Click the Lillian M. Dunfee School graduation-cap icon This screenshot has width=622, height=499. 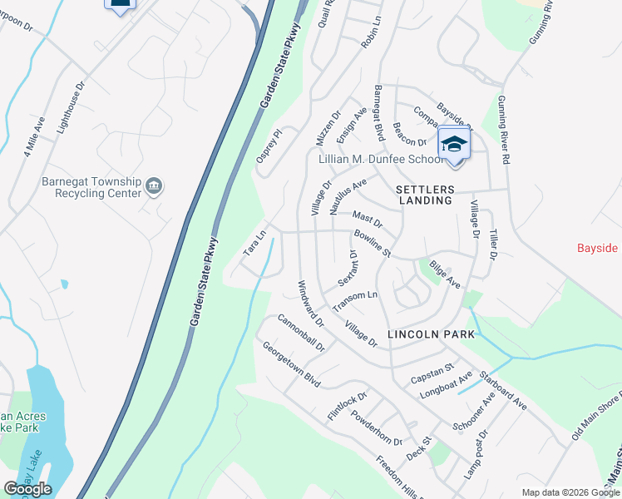click(454, 143)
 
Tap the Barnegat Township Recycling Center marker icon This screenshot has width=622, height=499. click(154, 186)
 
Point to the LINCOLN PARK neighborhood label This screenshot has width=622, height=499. click(431, 334)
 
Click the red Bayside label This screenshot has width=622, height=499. click(598, 249)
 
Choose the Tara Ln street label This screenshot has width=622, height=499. click(254, 242)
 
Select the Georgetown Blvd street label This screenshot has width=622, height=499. click(291, 365)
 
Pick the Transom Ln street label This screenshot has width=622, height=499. click(355, 301)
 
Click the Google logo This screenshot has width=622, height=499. click(27, 489)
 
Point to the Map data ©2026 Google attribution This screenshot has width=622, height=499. click(569, 492)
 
